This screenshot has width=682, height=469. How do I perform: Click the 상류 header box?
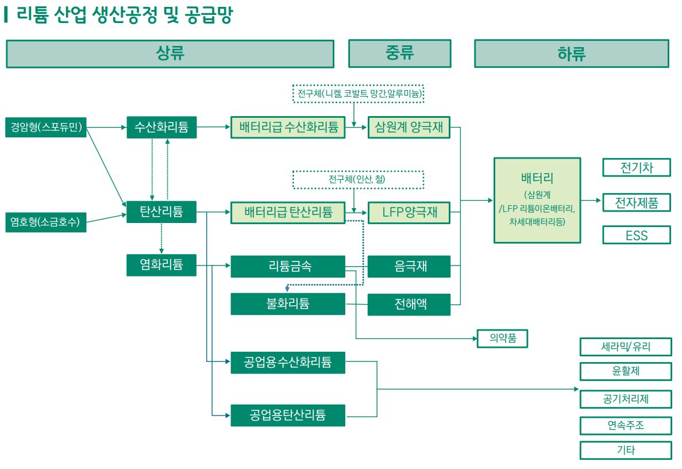coord(170,54)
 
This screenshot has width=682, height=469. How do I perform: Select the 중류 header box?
coord(399,54)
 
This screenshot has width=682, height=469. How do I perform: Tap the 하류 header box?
coord(571,54)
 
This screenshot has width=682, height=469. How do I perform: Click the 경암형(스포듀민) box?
coord(46,128)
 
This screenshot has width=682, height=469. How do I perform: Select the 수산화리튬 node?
coord(161,128)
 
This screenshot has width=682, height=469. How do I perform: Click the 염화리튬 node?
coord(161,265)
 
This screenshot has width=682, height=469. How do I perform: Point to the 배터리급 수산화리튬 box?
coord(288,128)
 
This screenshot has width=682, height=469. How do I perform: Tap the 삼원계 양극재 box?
coord(409,128)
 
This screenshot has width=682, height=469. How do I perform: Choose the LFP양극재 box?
coord(409,212)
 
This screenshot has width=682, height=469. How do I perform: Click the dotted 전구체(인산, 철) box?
coord(358,180)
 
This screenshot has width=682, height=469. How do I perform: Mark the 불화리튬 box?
coord(288,304)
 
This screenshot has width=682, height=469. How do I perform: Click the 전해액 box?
coord(409,304)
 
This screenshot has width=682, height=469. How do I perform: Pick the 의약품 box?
coord(502,339)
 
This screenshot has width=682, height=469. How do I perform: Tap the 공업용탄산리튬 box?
coord(288,415)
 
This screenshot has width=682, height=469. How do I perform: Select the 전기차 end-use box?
coord(637,168)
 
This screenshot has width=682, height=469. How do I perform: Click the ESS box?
coord(637,235)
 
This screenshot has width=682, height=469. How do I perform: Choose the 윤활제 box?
coord(626,372)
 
